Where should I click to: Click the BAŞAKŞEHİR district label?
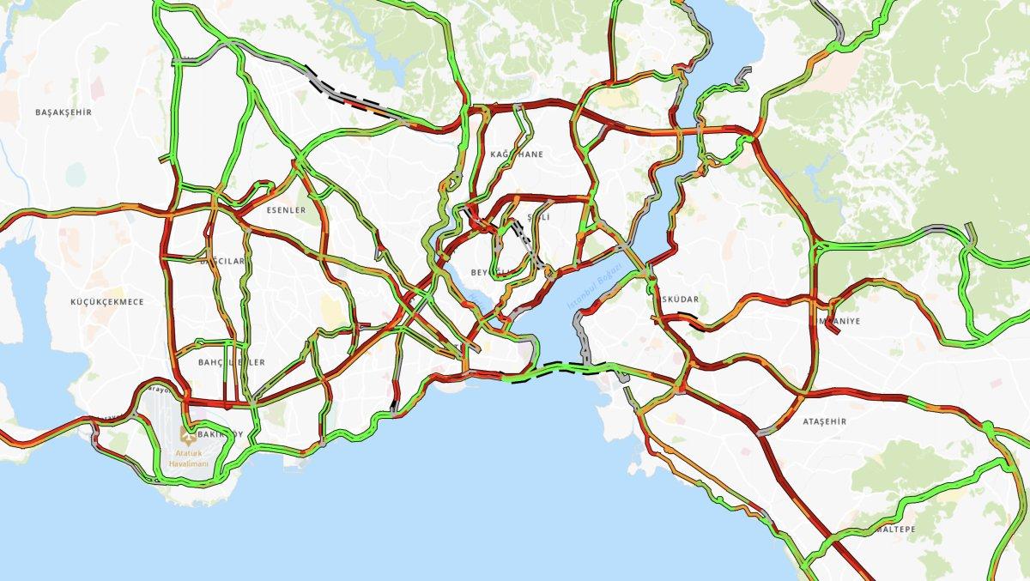click(64, 112)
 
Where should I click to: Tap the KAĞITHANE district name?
click(517, 154)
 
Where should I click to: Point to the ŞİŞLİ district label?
click(538, 218)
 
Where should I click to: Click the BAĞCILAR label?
click(222, 261)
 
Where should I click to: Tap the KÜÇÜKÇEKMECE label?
click(107, 302)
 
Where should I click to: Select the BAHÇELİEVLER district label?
click(231, 363)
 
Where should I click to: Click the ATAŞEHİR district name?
click(824, 421)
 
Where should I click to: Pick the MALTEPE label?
click(895, 530)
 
